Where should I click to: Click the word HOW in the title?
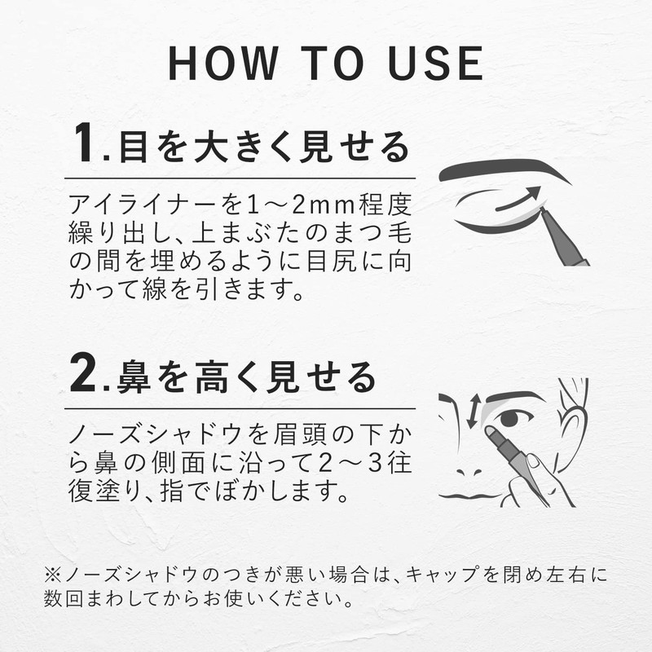(x=223, y=63)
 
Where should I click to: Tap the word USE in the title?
(x=435, y=63)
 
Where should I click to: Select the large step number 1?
(x=84, y=142)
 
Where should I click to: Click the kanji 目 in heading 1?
(x=134, y=147)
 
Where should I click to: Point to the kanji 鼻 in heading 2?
(x=134, y=377)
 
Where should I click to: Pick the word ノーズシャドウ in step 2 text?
(x=156, y=434)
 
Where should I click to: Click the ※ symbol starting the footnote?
(x=53, y=575)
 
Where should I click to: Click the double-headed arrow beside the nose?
(x=474, y=412)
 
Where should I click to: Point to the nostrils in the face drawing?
(x=469, y=473)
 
